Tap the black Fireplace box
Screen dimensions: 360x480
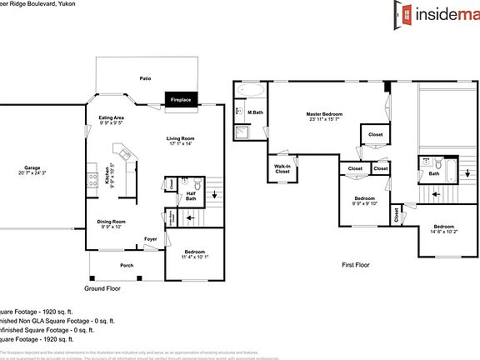181,99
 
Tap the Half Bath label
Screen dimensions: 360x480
191,197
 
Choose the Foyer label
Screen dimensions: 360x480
150,239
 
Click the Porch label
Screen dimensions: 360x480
127,265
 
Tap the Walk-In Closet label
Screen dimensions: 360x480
282,168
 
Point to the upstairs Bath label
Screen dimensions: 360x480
433,174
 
